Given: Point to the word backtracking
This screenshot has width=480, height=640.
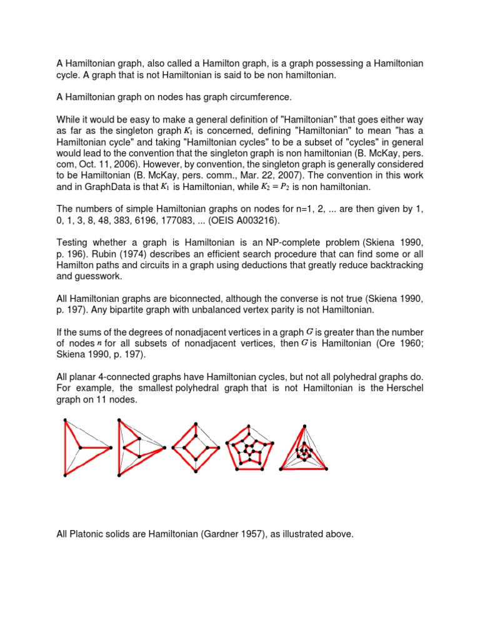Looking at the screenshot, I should coord(395,265).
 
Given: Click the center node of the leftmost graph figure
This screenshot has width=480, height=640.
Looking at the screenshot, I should coord(79,447).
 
